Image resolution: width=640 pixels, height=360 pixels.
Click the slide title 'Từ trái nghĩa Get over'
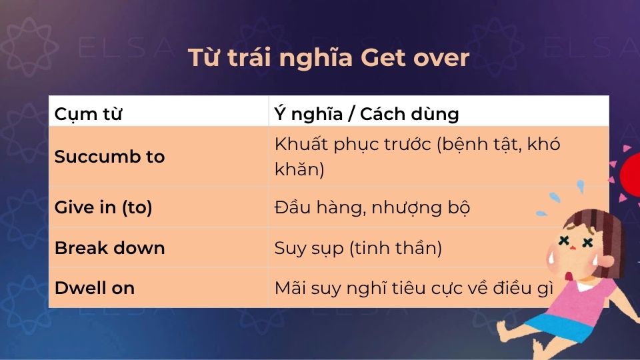pos(329,58)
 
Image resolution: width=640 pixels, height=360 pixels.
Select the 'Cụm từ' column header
pos(88,114)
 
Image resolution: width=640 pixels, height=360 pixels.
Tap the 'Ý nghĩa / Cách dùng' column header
pos(367,114)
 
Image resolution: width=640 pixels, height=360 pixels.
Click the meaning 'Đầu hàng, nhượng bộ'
pos(372,207)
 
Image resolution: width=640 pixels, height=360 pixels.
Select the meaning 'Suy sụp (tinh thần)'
pos(358,248)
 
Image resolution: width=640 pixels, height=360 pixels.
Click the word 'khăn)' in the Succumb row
pos(299,169)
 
